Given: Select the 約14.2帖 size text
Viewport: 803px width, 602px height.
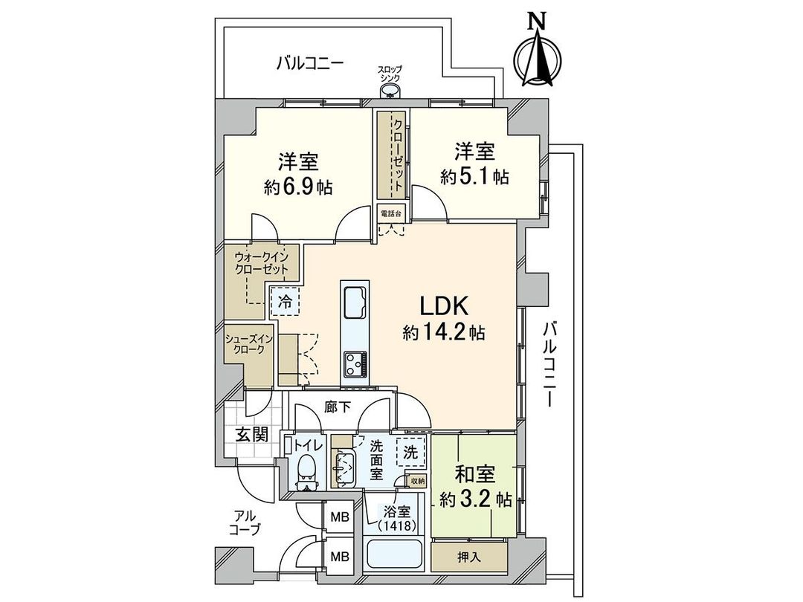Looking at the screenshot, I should [x=444, y=332].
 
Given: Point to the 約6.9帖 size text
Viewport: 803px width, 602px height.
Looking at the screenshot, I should [x=298, y=187].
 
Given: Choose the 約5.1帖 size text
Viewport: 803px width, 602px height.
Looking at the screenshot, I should [x=474, y=177].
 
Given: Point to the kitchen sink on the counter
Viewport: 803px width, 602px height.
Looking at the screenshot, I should [x=353, y=301].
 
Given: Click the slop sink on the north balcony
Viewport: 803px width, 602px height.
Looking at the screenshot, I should [x=390, y=91].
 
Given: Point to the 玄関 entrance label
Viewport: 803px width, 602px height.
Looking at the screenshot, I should [x=252, y=435].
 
